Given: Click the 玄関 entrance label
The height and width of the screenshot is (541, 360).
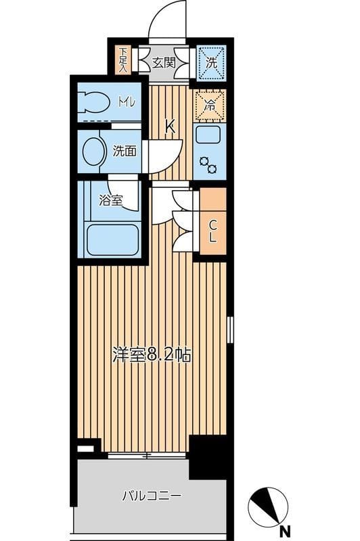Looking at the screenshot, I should click(x=163, y=63).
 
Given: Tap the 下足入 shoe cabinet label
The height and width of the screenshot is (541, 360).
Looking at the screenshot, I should click(x=123, y=60).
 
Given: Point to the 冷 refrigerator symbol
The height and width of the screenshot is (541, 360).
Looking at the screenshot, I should click(x=210, y=105).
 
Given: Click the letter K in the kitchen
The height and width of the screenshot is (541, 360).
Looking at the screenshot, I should click(x=171, y=125).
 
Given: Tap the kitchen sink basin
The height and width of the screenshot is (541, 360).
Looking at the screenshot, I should click(x=209, y=135).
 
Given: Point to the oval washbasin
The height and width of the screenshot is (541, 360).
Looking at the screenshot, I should click(x=93, y=150).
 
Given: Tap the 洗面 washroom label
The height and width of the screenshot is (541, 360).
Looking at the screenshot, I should click(x=125, y=150).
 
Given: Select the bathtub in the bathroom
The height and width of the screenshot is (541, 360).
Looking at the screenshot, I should click(x=112, y=239).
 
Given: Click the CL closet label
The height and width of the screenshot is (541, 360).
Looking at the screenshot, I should click(x=212, y=231).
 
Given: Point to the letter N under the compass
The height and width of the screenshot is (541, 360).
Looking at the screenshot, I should click(x=286, y=530).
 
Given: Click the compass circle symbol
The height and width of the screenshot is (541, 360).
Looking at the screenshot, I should click(x=268, y=506).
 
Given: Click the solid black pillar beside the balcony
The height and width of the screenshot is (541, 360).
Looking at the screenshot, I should click(x=207, y=456).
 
